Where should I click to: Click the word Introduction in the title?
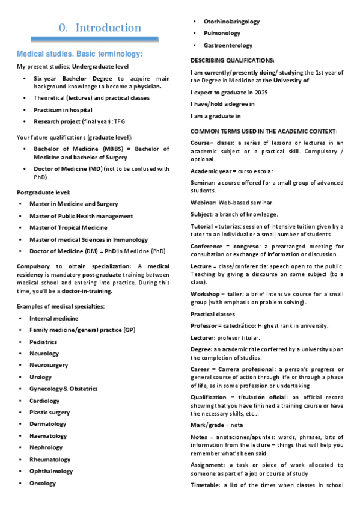(108, 28)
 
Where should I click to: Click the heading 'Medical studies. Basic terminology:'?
(80, 54)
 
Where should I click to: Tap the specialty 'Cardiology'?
(44, 401)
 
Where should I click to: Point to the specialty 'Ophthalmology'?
(51, 471)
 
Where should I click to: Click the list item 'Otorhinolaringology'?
(231, 22)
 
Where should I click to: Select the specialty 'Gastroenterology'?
(228, 45)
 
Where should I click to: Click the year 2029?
(261, 92)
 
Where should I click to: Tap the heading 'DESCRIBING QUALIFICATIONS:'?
(233, 61)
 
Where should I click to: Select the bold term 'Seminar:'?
(204, 182)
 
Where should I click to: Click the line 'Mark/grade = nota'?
(216, 425)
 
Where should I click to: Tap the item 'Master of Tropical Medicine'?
(68, 227)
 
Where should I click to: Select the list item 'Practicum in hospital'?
(63, 110)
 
